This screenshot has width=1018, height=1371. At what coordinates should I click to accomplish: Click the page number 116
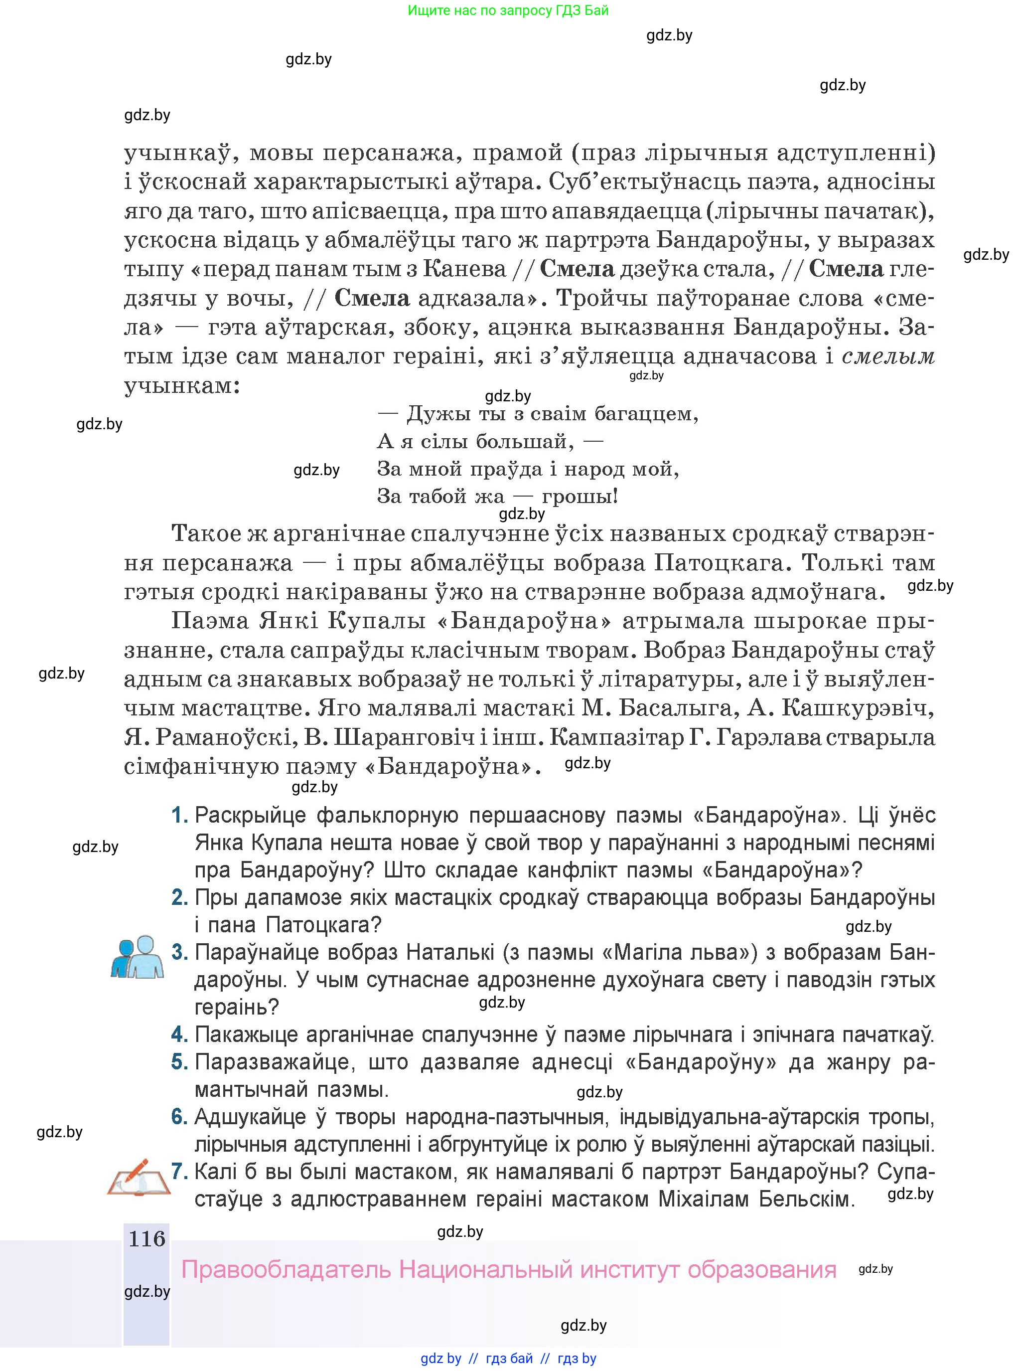146,1238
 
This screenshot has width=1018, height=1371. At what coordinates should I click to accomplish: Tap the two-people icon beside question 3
138,957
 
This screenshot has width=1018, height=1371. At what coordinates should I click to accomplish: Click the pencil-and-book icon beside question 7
139,1178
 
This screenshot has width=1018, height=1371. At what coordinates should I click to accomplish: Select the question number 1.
179,816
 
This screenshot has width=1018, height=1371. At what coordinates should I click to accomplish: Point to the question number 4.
179,1034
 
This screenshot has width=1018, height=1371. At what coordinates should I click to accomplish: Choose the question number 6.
179,1116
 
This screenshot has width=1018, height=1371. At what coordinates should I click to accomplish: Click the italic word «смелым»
888,356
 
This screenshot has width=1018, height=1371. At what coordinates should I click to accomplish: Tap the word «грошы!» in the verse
580,496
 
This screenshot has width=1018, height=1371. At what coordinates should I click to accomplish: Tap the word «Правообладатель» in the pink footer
287,1270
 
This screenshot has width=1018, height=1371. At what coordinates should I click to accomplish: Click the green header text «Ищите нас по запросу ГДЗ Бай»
508,10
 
